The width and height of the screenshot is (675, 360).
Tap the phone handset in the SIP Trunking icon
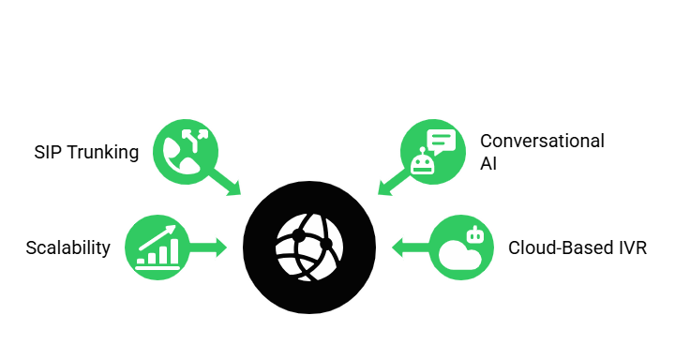pyautogui.click(x=178, y=157)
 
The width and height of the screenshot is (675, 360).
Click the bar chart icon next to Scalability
pyautogui.click(x=157, y=251)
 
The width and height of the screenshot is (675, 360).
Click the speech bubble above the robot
pyautogui.click(x=441, y=141)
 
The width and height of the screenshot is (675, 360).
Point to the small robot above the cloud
pyautogui.click(x=475, y=234)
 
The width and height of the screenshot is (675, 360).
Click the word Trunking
pyautogui.click(x=103, y=152)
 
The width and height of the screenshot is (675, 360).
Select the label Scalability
pyautogui.click(x=67, y=247)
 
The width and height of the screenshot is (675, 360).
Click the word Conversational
pyautogui.click(x=542, y=142)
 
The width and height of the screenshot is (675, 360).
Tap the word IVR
pyautogui.click(x=631, y=247)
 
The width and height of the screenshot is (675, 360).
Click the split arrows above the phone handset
pyautogui.click(x=198, y=138)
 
